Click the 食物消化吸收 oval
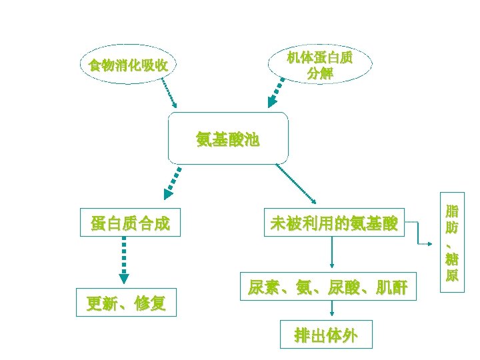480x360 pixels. (129, 65)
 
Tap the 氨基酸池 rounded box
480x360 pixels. (228, 139)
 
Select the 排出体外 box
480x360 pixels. (326, 335)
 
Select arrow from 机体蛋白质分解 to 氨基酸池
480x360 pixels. (278, 92)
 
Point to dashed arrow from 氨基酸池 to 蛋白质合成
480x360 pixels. (174, 182)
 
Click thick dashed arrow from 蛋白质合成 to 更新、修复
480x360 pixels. (123, 262)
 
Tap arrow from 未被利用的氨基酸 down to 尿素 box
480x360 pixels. (332, 254)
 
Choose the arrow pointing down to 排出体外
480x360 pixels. (332, 311)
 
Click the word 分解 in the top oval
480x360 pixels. (320, 73)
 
